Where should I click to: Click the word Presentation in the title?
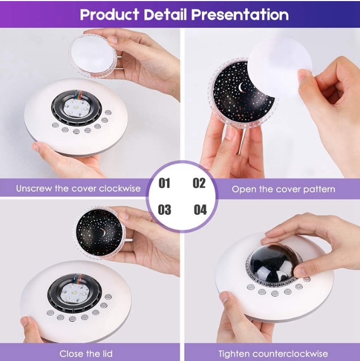pos(240,14)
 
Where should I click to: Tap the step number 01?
pos(164,183)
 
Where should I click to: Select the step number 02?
pos(199,183)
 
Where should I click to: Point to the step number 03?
pos(165,209)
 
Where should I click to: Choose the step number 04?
pos(200,209)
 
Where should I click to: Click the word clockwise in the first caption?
pos(120,189)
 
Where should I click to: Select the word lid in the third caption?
pos(106,354)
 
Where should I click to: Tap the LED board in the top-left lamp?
pos(75,107)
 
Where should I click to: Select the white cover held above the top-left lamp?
pos(93,55)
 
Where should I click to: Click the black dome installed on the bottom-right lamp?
pos(271,262)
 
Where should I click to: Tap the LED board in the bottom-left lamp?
pos(74,294)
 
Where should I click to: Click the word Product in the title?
pos(109,14)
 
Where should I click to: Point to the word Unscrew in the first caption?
pos(34,189)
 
